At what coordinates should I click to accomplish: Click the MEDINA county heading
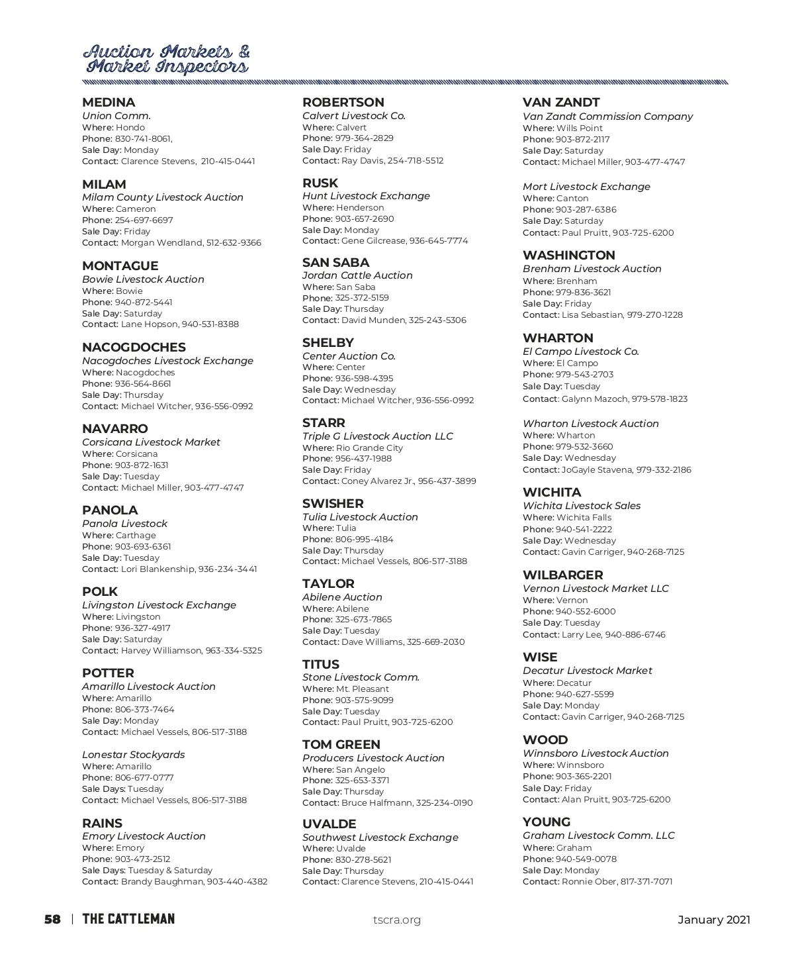coord(109,103)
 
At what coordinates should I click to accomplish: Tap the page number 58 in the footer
coord(52,919)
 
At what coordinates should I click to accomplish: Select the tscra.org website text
coord(396,920)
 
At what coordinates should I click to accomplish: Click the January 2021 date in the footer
coord(714,920)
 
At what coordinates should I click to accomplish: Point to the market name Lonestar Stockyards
coord(134,755)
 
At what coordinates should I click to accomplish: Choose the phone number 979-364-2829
coord(364,138)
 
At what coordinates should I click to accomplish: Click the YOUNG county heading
coord(546,822)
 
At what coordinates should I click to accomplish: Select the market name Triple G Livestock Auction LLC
coord(378,436)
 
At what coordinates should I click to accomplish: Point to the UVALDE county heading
coord(329,824)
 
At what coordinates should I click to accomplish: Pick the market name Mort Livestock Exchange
coord(586,187)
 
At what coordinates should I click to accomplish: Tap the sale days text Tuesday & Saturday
coord(170,871)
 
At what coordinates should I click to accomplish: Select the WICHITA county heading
coord(552,493)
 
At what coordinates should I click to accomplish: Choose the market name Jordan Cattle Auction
coord(357,275)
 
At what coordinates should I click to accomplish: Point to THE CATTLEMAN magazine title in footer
coord(128,919)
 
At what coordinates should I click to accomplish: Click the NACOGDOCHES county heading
coord(134,348)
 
